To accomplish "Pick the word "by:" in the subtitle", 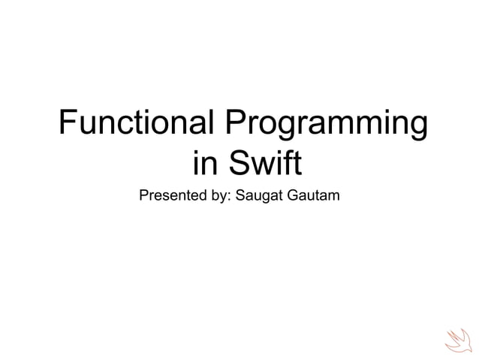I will click(x=220, y=197).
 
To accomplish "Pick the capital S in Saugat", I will click(x=239, y=197).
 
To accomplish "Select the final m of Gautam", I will click(x=335, y=198).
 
